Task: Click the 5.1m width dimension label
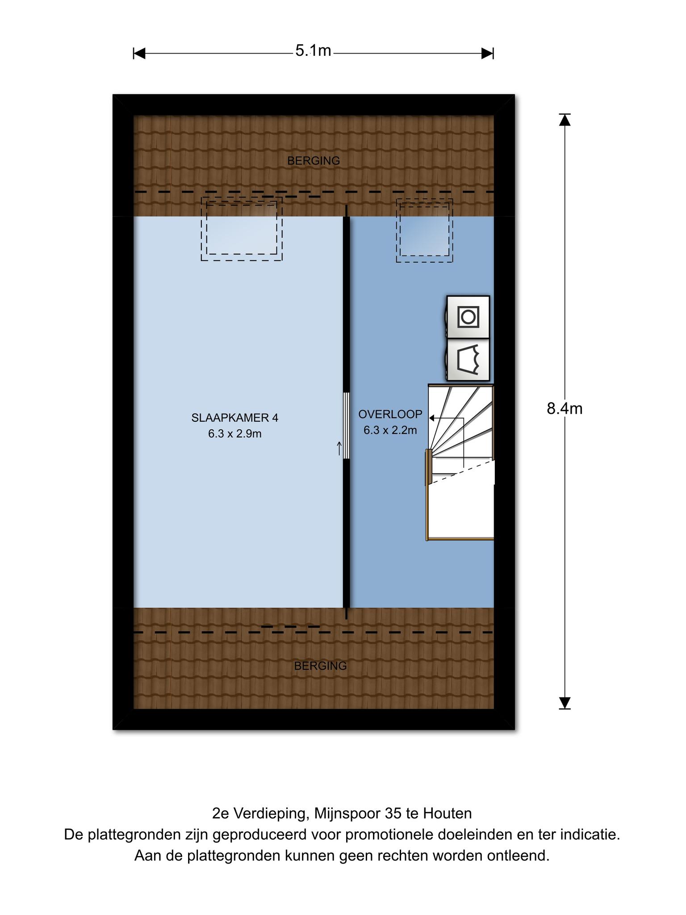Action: pyautogui.click(x=313, y=51)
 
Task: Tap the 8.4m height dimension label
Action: pyautogui.click(x=565, y=408)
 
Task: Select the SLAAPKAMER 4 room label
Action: pyautogui.click(x=235, y=418)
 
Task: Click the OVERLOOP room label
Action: pyautogui.click(x=390, y=414)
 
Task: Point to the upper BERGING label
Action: pyautogui.click(x=314, y=160)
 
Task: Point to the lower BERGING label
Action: pyautogui.click(x=320, y=666)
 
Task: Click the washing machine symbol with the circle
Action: pyautogui.click(x=468, y=317)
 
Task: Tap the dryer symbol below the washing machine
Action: pyautogui.click(x=468, y=360)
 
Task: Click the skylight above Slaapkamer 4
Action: pyautogui.click(x=242, y=229)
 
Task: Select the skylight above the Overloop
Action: pyautogui.click(x=424, y=231)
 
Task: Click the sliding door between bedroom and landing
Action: pyautogui.click(x=346, y=425)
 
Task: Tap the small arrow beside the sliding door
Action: pyautogui.click(x=339, y=448)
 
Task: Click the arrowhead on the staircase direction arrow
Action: pyautogui.click(x=432, y=418)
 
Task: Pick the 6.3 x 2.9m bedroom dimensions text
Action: pyautogui.click(x=235, y=434)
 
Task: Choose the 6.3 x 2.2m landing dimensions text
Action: pyautogui.click(x=390, y=430)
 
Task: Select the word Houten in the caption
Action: pyautogui.click(x=448, y=814)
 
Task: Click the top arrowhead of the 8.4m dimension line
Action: pyautogui.click(x=565, y=119)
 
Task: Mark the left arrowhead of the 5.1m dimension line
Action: pyautogui.click(x=139, y=54)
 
